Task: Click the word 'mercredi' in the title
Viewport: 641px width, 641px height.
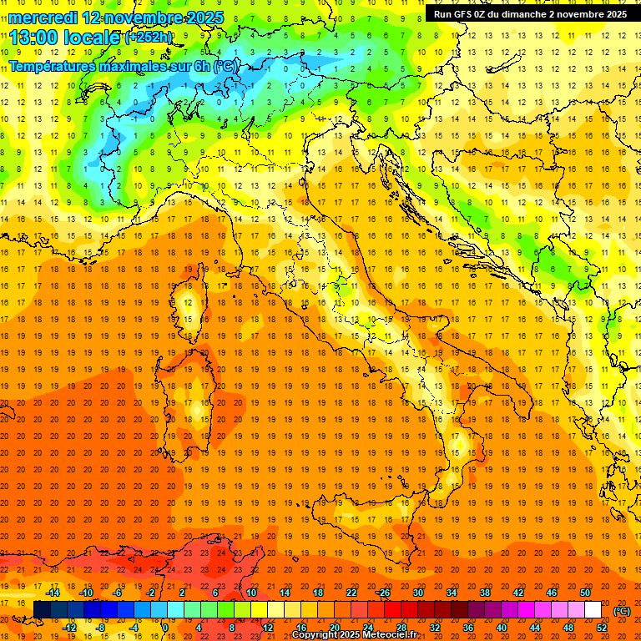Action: [43, 18]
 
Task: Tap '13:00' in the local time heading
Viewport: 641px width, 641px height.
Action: [33, 38]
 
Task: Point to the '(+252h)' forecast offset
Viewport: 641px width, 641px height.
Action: [149, 38]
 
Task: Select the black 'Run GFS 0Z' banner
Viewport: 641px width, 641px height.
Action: [529, 14]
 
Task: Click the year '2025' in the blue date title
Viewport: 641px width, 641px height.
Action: [204, 18]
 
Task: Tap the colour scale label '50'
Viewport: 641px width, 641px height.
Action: [585, 593]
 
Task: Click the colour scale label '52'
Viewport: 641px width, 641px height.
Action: [602, 628]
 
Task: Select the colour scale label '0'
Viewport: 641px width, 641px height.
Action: [165, 628]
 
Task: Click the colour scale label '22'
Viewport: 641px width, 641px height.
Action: [351, 593]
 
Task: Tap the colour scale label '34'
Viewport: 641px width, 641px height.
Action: [451, 593]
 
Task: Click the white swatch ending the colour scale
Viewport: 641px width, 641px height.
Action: [593, 610]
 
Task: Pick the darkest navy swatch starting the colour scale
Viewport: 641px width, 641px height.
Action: [42, 610]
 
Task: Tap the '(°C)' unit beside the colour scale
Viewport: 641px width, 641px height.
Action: [622, 611]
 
